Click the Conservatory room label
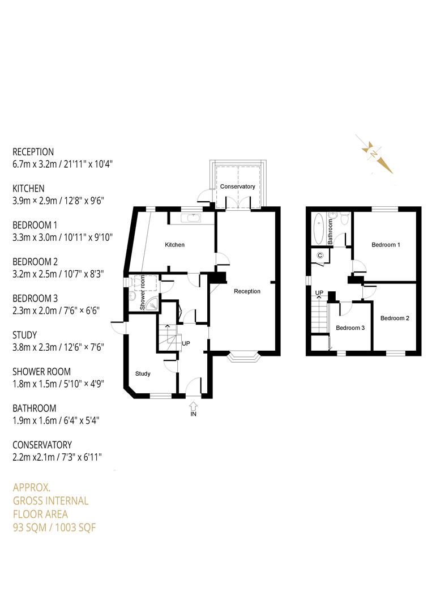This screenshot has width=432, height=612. (x=238, y=186)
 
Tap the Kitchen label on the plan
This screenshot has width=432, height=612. (x=174, y=245)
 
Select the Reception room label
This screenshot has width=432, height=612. (x=247, y=291)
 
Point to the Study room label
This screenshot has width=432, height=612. (x=143, y=374)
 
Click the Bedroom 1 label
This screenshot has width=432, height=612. (x=386, y=245)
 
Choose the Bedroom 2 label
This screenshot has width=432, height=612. (x=395, y=318)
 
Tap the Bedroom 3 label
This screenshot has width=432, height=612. (x=350, y=328)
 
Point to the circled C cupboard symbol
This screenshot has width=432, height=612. (x=320, y=256)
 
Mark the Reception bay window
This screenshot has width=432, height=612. (x=244, y=357)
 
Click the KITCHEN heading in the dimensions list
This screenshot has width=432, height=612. (x=28, y=188)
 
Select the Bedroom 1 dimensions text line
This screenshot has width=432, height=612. (x=63, y=237)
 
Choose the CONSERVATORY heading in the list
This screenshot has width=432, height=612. (x=42, y=445)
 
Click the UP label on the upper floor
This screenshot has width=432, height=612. (x=319, y=293)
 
